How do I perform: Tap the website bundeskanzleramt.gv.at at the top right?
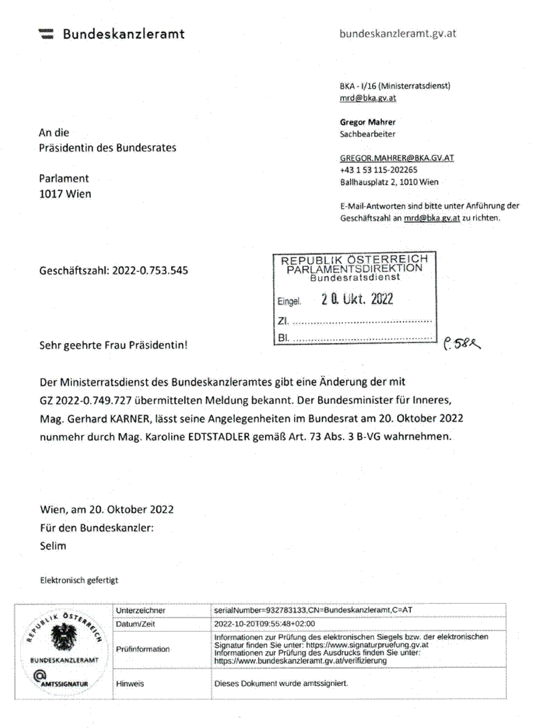[398, 34]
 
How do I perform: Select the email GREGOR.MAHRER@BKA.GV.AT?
[397, 158]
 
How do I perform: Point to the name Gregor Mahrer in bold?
[368, 122]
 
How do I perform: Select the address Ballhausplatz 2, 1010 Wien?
[389, 182]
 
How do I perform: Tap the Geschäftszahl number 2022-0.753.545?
[150, 270]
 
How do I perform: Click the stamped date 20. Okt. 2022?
[357, 300]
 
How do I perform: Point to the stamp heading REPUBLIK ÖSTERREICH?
[354, 260]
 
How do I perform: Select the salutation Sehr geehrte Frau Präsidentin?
[113, 344]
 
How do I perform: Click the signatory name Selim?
[52, 546]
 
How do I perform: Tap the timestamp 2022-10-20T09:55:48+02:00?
[265, 624]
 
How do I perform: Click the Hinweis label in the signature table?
[130, 683]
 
